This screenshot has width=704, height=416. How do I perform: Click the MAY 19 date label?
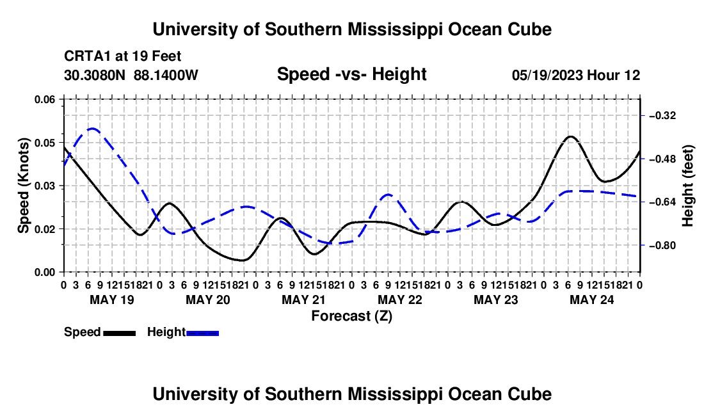tap(112, 300)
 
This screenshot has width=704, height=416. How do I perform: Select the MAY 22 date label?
tap(400, 300)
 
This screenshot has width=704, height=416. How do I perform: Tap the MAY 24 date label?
tap(592, 300)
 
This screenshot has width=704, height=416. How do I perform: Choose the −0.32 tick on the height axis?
tap(662, 116)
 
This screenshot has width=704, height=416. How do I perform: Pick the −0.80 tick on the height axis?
tap(662, 246)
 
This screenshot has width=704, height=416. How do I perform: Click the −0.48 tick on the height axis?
tap(662, 159)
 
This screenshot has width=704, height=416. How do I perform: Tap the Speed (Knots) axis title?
tap(23, 186)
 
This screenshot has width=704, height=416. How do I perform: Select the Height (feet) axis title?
tap(688, 186)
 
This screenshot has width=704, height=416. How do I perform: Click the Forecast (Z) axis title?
tap(351, 316)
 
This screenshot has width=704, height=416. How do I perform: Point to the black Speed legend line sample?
tap(120, 333)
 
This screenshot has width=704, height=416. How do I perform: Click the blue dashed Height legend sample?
tap(202, 333)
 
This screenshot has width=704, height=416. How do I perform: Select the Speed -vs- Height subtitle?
tap(351, 74)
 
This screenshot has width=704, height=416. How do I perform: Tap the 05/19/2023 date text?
tap(548, 75)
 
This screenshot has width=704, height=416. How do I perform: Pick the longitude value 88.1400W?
tap(166, 75)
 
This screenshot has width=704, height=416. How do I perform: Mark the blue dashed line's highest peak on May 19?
tap(93, 129)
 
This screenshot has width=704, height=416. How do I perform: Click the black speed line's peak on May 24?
tap(571, 136)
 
